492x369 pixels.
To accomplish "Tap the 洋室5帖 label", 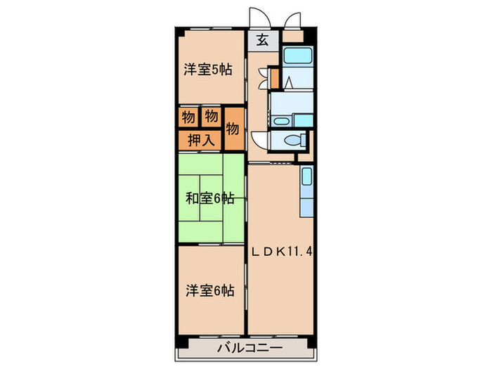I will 209,69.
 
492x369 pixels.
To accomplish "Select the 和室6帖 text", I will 209,199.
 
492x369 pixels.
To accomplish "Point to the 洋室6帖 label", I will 209,290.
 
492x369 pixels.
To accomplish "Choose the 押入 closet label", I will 200,140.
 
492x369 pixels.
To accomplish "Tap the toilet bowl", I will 295,139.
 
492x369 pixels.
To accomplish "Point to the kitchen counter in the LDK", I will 306,192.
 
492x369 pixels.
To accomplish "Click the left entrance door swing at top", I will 258,19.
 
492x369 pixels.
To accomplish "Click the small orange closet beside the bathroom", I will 275,77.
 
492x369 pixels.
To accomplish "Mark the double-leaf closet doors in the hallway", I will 261,77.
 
